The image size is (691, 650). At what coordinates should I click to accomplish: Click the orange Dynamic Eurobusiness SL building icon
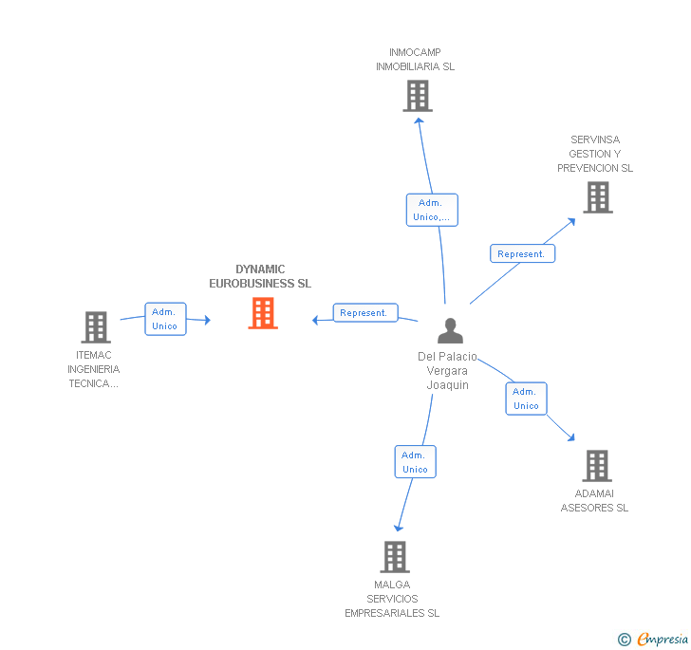tap(263, 313)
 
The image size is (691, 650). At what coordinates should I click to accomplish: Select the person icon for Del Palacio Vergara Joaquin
tap(450, 330)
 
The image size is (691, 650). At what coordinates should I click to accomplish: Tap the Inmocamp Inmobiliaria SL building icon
tap(417, 96)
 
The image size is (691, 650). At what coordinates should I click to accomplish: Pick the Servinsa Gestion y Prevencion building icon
tap(597, 197)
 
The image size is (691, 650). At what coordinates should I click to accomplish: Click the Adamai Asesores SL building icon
tap(596, 466)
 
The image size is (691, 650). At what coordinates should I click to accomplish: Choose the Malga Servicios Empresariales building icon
tap(394, 557)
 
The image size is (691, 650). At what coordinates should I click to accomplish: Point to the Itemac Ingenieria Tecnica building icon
tap(96, 327)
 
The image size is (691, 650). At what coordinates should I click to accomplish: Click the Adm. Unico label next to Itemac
tap(165, 319)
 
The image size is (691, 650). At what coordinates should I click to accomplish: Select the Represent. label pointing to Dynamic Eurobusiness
tap(364, 313)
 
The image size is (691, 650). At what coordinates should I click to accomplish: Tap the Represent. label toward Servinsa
tap(522, 253)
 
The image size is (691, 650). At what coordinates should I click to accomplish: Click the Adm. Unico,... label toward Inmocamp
tap(432, 210)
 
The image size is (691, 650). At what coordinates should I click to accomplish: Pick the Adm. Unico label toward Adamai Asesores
tap(526, 399)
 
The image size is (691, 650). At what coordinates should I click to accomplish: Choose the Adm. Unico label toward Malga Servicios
tap(415, 462)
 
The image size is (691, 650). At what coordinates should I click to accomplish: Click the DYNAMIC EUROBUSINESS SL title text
tap(260, 276)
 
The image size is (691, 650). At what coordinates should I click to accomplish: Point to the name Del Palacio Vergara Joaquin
tap(448, 371)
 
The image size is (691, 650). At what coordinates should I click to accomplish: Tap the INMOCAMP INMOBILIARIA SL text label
tap(415, 60)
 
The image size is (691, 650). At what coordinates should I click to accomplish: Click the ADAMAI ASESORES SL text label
tap(594, 500)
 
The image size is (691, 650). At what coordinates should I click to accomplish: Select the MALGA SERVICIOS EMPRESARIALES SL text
tap(392, 599)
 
